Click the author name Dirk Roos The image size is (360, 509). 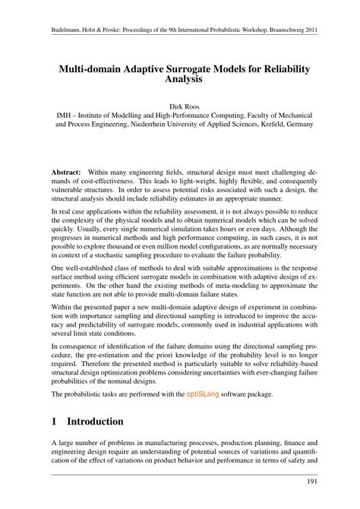180,106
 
